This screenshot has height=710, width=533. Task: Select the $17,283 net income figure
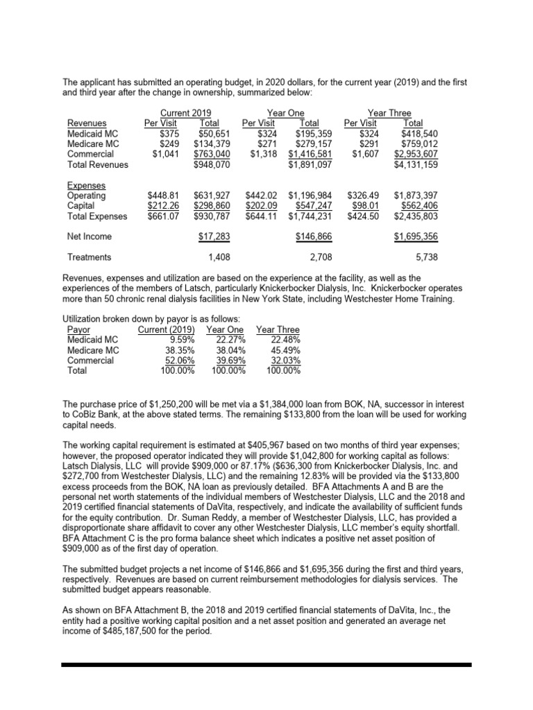pyautogui.click(x=214, y=236)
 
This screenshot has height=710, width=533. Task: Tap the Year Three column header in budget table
pyautogui.click(x=389, y=113)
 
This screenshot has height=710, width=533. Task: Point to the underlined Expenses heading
pyautogui.click(x=86, y=185)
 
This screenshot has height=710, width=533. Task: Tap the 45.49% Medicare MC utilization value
pyautogui.click(x=284, y=351)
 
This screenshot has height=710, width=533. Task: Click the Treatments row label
pyautogui.click(x=89, y=257)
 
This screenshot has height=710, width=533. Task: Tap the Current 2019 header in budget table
pyautogui.click(x=185, y=113)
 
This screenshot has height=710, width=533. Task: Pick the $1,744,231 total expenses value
pyautogui.click(x=312, y=216)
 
